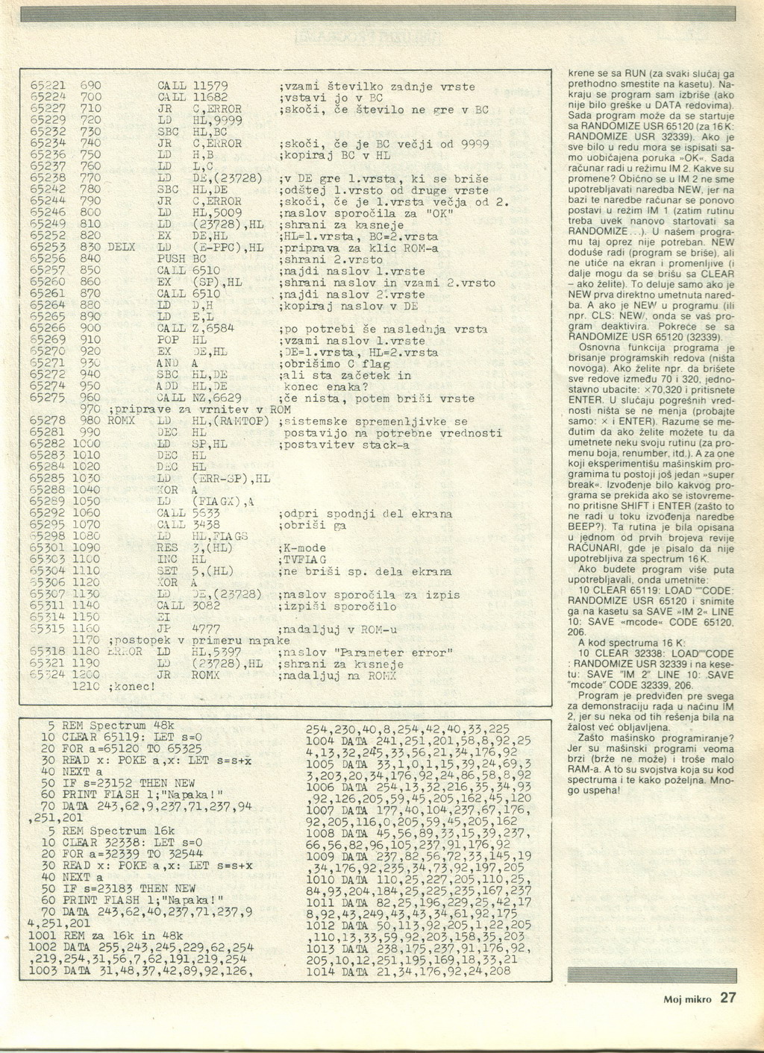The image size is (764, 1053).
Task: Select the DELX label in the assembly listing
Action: (122, 247)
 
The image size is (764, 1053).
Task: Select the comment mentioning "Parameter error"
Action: (365, 653)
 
